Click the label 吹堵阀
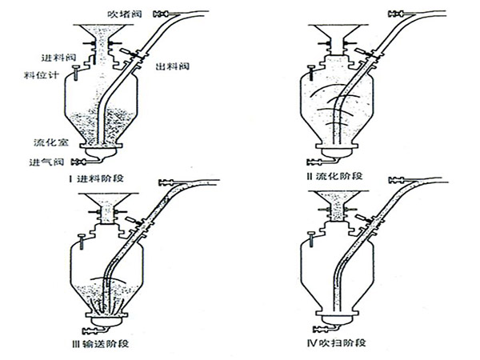[x=125, y=14]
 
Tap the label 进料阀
[x=58, y=58]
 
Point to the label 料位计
[x=42, y=75]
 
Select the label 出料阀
[x=173, y=66]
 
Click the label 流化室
[x=51, y=142]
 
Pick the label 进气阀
[x=46, y=162]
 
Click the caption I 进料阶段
[x=96, y=178]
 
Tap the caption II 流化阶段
[x=334, y=176]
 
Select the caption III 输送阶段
[x=100, y=344]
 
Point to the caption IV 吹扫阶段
[x=337, y=342]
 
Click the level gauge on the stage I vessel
[x=75, y=72]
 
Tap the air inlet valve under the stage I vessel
[x=78, y=162]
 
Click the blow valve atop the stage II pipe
[x=396, y=14]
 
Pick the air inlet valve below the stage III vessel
[x=90, y=330]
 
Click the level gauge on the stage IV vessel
[x=311, y=238]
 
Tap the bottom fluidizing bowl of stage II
[x=338, y=153]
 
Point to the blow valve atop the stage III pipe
[x=167, y=182]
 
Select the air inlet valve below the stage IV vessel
[x=321, y=330]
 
